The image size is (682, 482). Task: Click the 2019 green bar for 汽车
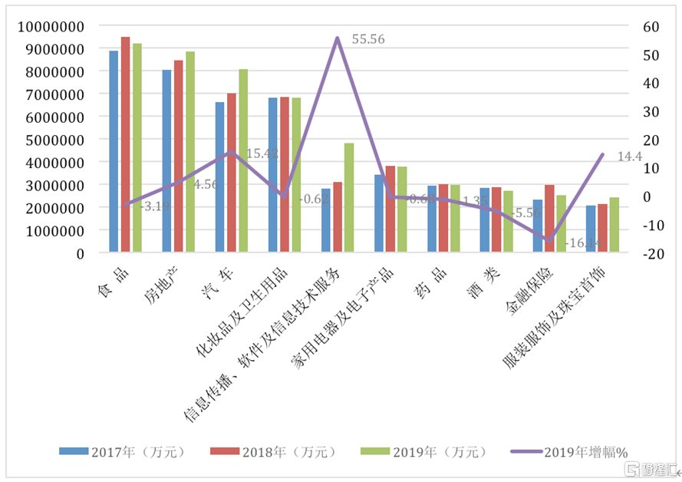click(x=243, y=160)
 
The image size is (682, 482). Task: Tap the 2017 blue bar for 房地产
click(x=166, y=161)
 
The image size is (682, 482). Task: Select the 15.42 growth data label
click(x=262, y=154)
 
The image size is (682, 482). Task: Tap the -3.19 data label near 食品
click(x=155, y=206)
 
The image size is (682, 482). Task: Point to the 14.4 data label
click(x=629, y=156)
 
